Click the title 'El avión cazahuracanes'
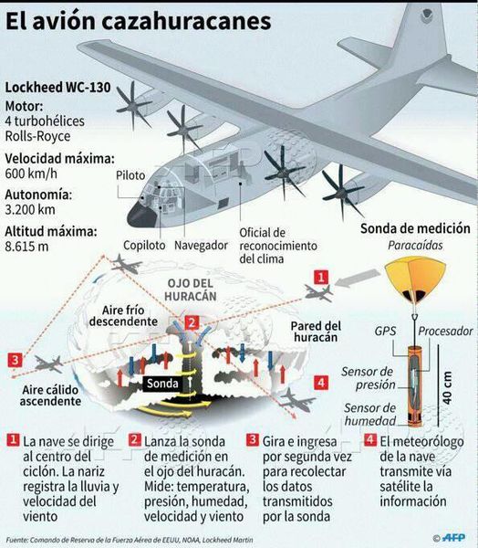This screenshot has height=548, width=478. [139, 22]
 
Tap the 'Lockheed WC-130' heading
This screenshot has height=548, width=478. [58, 87]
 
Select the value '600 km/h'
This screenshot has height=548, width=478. [31, 174]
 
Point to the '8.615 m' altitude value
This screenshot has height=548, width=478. [26, 247]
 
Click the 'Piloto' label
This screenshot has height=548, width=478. [130, 175]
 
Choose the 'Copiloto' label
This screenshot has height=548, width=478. [144, 246]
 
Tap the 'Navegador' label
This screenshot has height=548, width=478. [201, 246]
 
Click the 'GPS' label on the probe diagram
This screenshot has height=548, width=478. [385, 331]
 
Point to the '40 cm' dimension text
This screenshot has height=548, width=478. [447, 388]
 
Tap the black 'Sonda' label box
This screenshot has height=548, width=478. [162, 384]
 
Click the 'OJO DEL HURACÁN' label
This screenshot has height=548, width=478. [191, 290]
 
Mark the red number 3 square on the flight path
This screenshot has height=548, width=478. [15, 360]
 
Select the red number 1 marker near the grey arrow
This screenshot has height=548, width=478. [321, 277]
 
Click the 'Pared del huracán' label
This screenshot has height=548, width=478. [316, 332]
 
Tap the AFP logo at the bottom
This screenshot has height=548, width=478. [453, 538]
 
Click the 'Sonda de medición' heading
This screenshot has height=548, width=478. [415, 228]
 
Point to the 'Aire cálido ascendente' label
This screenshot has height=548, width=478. [50, 395]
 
